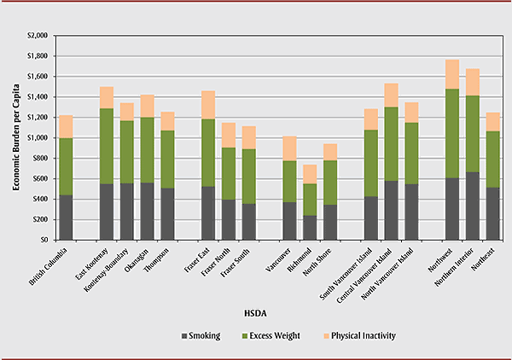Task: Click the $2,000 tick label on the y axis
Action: point(38,36)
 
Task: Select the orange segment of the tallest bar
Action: point(452,74)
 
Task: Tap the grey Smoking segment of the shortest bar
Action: point(309,227)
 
